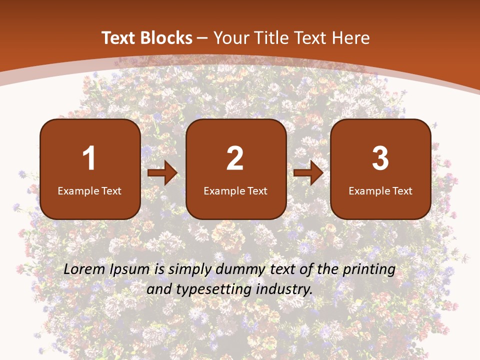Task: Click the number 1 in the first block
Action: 89,158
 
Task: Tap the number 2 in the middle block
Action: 235,158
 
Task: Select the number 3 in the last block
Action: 380,158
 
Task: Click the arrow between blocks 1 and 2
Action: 162,173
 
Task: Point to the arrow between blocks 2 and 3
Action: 308,173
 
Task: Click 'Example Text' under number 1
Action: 89,190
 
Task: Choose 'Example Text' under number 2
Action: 235,190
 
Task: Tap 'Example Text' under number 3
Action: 380,190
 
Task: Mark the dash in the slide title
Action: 203,38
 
